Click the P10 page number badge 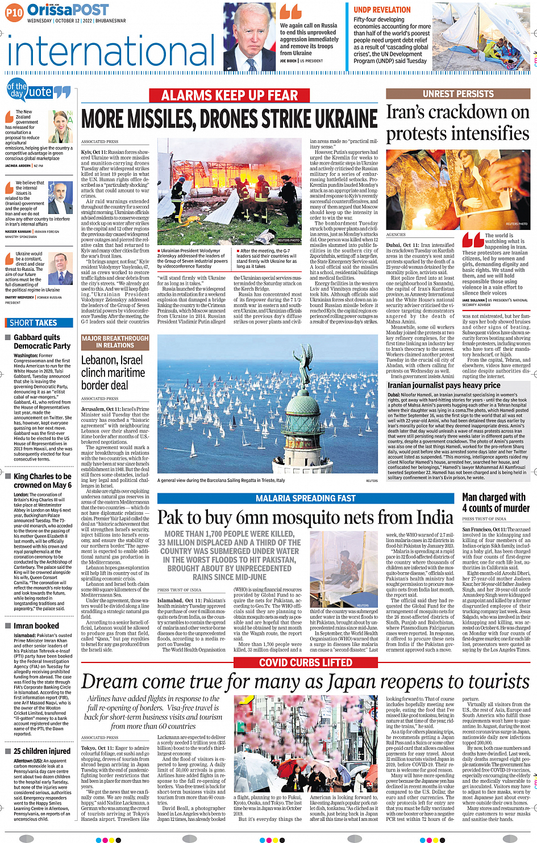[x=14, y=12]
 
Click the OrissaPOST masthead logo [x=68, y=10]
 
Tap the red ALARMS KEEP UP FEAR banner [x=230, y=95]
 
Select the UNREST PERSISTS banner [x=458, y=94]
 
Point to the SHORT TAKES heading [x=34, y=322]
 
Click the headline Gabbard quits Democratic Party [x=42, y=341]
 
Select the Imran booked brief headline [x=36, y=626]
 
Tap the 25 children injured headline [x=42, y=751]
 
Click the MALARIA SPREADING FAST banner [x=306, y=498]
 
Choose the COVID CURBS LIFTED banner [x=306, y=662]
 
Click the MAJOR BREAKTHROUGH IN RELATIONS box [x=115, y=342]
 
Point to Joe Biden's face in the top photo [x=249, y=34]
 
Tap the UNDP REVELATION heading [x=382, y=10]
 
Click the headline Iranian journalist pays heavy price [x=444, y=385]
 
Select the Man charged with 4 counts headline [x=496, y=502]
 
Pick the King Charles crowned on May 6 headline [x=43, y=481]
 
